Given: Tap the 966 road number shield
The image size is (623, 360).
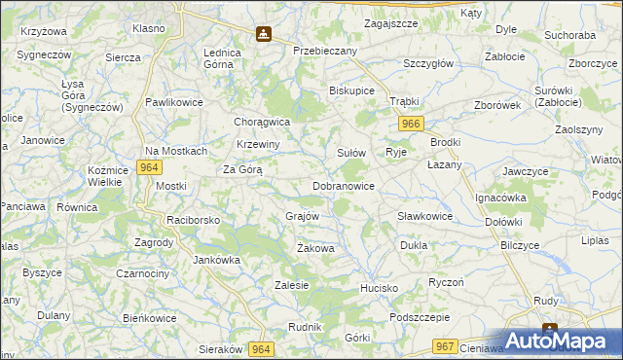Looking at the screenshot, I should (410, 124).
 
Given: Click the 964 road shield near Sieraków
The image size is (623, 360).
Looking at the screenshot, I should (260, 347).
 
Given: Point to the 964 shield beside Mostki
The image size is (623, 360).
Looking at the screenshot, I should (148, 166).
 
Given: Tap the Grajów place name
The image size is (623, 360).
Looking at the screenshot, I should (303, 216).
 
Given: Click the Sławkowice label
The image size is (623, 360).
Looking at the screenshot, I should (425, 216).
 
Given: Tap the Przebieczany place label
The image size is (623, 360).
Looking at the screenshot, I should (325, 50).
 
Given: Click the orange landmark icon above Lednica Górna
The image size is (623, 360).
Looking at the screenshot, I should (264, 34).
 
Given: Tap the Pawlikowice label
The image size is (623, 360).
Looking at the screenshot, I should (172, 102).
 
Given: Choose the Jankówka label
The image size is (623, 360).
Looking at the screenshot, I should (217, 260).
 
